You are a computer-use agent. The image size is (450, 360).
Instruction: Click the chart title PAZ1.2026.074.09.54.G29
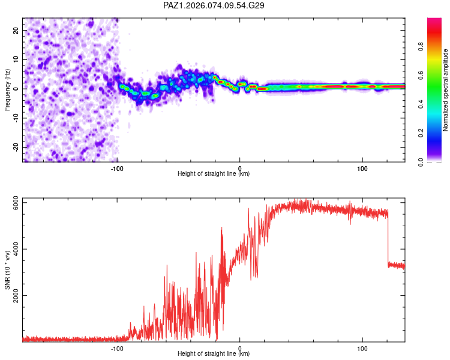[214, 5]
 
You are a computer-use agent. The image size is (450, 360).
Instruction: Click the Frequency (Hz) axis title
[7, 89]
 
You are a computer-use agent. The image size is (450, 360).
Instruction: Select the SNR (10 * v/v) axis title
[7, 271]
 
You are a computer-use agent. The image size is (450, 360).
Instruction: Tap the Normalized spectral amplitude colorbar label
[446, 90]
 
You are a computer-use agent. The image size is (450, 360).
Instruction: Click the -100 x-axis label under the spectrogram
[117, 169]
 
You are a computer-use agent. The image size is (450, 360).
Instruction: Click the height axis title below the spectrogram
[214, 174]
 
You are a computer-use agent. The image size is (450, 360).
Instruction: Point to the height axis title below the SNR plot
[214, 354]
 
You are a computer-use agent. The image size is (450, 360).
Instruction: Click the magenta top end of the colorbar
[434, 20]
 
